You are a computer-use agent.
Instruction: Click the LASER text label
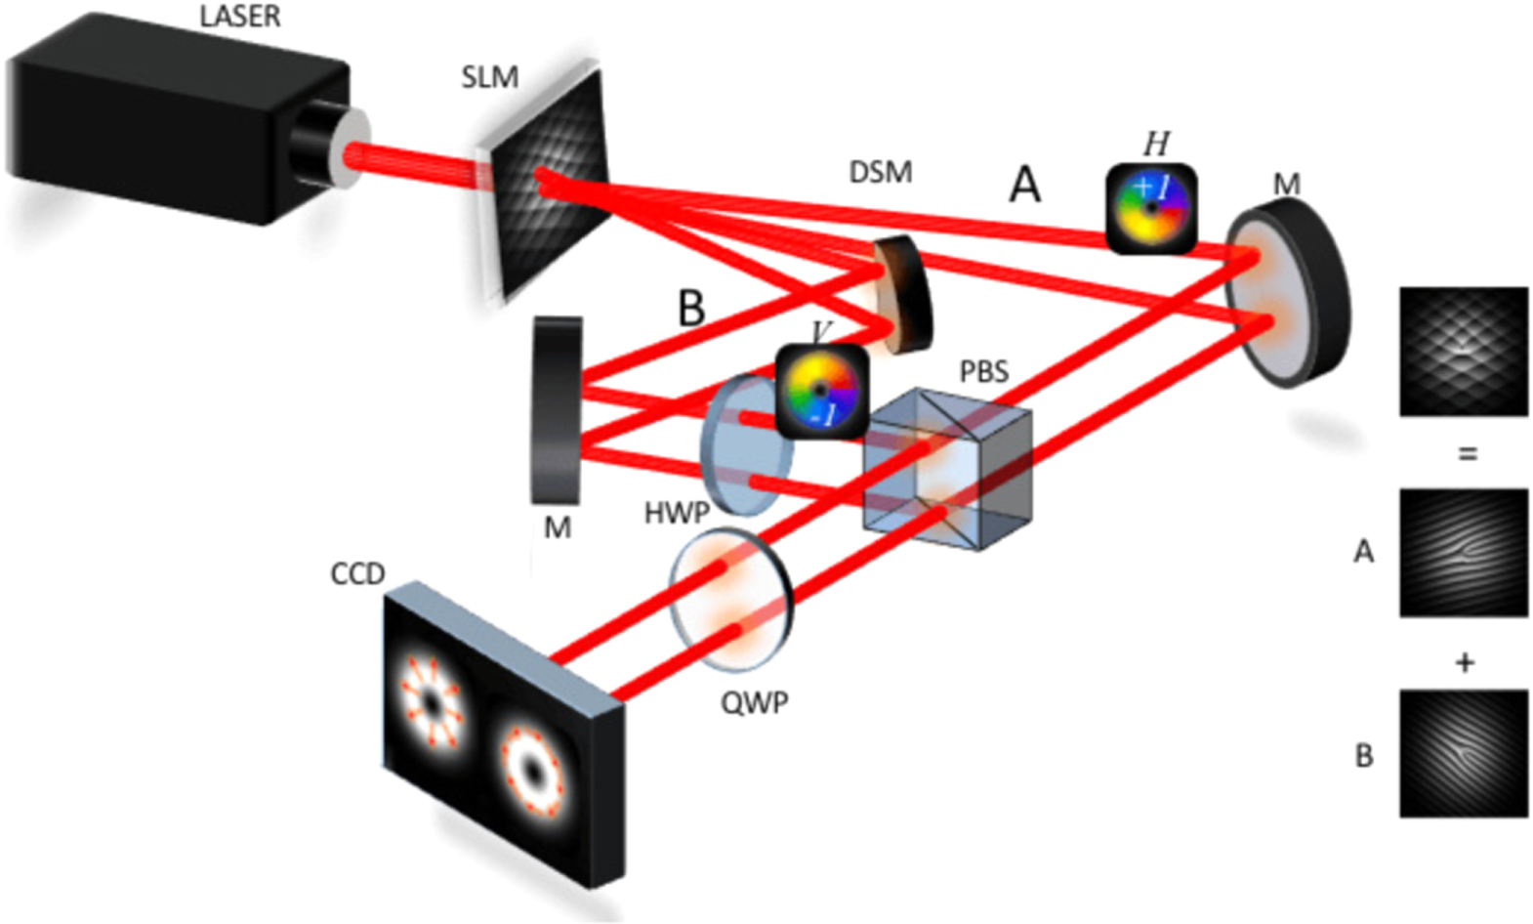pyautogui.click(x=239, y=17)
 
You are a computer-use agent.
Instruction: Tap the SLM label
pyautogui.click(x=489, y=77)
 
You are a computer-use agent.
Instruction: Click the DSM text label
pyautogui.click(x=880, y=173)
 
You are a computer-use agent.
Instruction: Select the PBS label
pyautogui.click(x=983, y=372)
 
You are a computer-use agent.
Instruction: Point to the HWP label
pyautogui.click(x=676, y=513)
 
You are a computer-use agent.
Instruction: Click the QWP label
pyautogui.click(x=754, y=702)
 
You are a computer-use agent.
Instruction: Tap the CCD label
pyautogui.click(x=357, y=573)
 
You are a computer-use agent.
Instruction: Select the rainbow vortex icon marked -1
pyautogui.click(x=822, y=391)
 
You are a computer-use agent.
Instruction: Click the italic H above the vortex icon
pyautogui.click(x=1156, y=145)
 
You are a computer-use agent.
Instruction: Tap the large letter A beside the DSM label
pyautogui.click(x=1024, y=184)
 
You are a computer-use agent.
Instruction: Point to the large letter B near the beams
pyautogui.click(x=691, y=308)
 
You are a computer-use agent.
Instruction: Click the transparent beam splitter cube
pyautogui.click(x=947, y=469)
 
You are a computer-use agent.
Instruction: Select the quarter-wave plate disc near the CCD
pyautogui.click(x=731, y=599)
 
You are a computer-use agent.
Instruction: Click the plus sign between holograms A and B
pyautogui.click(x=1464, y=663)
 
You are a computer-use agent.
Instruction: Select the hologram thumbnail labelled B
pyautogui.click(x=1463, y=753)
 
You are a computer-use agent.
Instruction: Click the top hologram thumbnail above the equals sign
pyautogui.click(x=1463, y=352)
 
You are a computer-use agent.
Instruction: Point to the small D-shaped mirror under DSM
pyautogui.click(x=903, y=295)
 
